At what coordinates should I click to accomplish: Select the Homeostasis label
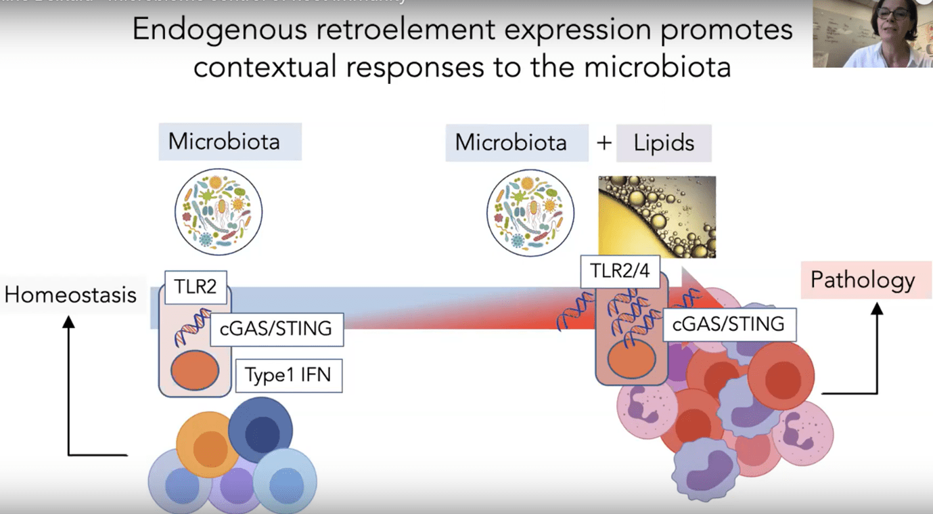(70, 295)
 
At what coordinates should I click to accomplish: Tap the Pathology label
(862, 280)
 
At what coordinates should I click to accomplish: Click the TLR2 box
(196, 287)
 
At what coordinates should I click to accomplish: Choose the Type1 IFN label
(288, 375)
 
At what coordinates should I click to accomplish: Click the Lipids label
(664, 143)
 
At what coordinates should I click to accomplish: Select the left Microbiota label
(224, 142)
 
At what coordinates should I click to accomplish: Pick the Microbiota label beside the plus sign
(511, 143)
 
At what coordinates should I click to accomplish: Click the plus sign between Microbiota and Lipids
(604, 143)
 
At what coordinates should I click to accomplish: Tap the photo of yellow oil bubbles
(657, 217)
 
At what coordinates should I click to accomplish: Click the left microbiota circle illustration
(218, 212)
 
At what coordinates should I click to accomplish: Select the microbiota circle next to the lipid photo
(530, 213)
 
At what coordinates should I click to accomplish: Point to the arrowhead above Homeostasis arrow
(68, 321)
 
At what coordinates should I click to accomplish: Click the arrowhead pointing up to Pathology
(877, 309)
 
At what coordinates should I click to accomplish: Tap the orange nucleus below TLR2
(195, 371)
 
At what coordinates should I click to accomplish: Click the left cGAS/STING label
(276, 328)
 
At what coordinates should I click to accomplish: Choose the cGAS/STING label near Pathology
(728, 324)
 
